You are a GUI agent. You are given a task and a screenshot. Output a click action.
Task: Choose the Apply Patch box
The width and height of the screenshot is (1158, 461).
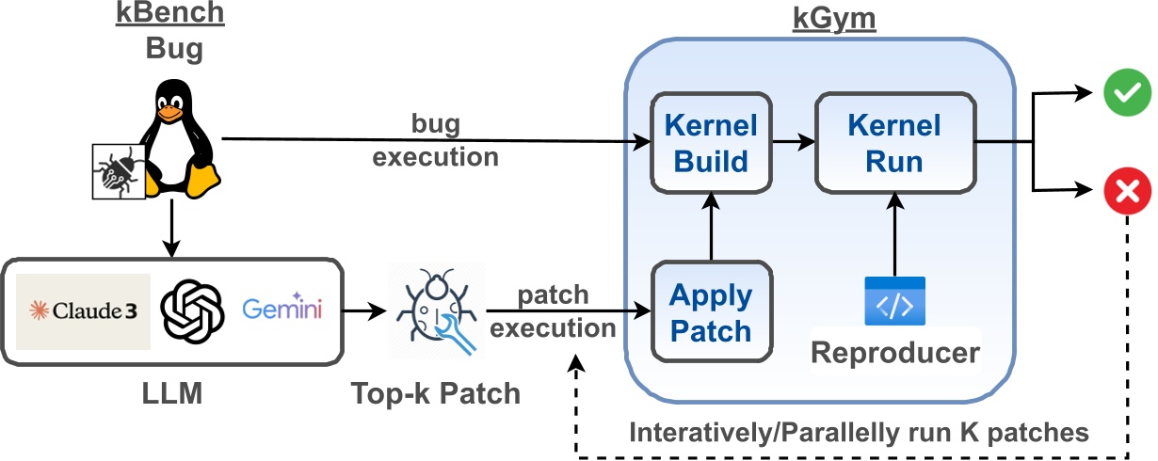pos(711,314)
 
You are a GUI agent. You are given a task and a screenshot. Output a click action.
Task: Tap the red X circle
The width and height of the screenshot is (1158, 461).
pos(1126,193)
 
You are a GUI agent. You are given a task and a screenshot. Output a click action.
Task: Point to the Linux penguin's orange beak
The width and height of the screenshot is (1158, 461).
pos(169,113)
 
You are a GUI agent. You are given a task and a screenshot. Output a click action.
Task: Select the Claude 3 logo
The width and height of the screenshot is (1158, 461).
pos(84,311)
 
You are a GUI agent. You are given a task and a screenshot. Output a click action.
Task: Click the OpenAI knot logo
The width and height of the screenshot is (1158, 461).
pos(193,311)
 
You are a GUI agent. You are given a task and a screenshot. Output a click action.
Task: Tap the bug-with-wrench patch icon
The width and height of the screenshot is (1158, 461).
pos(435,311)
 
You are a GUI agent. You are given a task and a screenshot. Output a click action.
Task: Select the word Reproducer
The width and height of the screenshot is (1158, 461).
pos(894,354)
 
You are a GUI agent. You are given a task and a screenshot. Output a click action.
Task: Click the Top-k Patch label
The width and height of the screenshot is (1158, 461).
pos(434,392)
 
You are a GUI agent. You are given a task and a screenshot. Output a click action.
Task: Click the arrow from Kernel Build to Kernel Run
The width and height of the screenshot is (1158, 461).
pos(793,143)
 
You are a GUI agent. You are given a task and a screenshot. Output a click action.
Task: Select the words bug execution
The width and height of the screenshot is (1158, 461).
pos(434,141)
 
